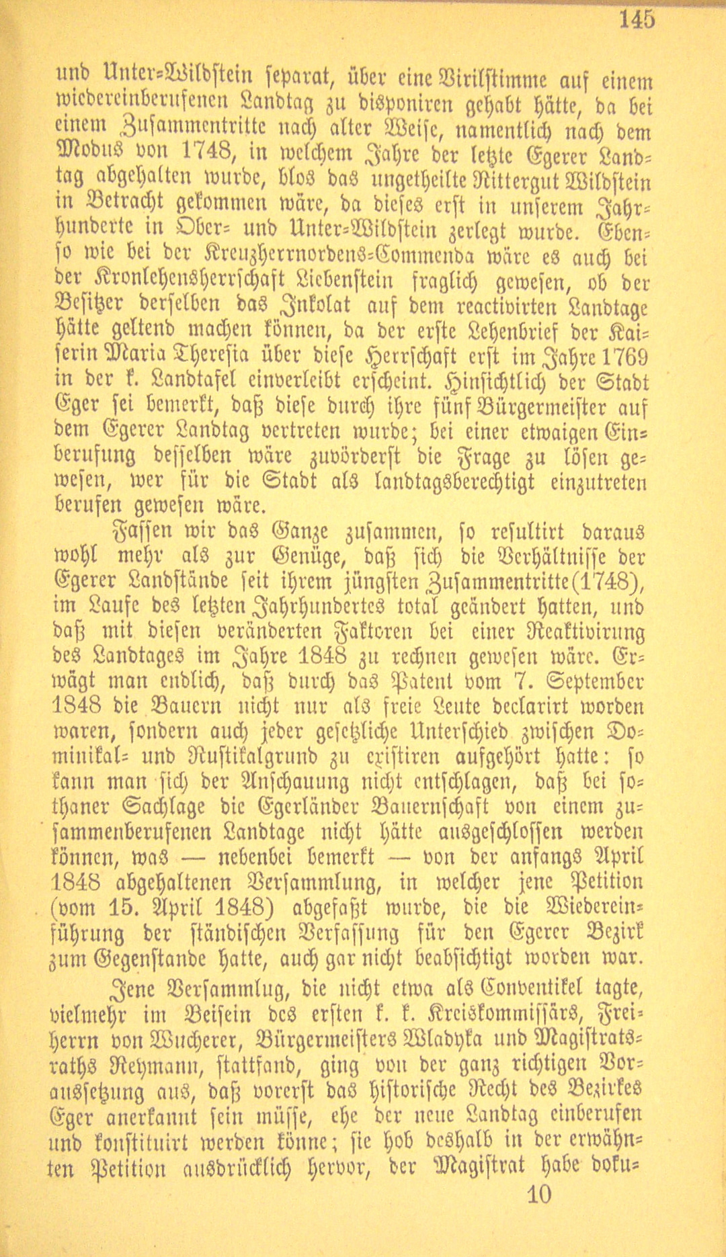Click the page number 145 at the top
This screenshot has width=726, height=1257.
(x=637, y=19)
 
